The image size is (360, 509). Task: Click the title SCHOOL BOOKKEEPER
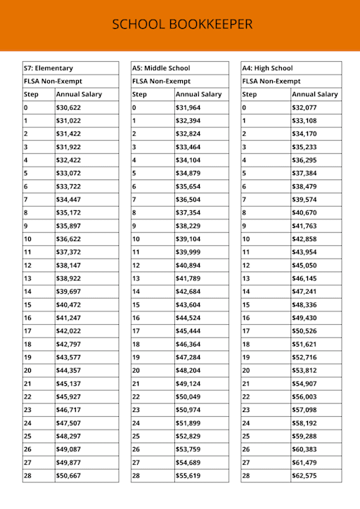(x=182, y=25)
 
